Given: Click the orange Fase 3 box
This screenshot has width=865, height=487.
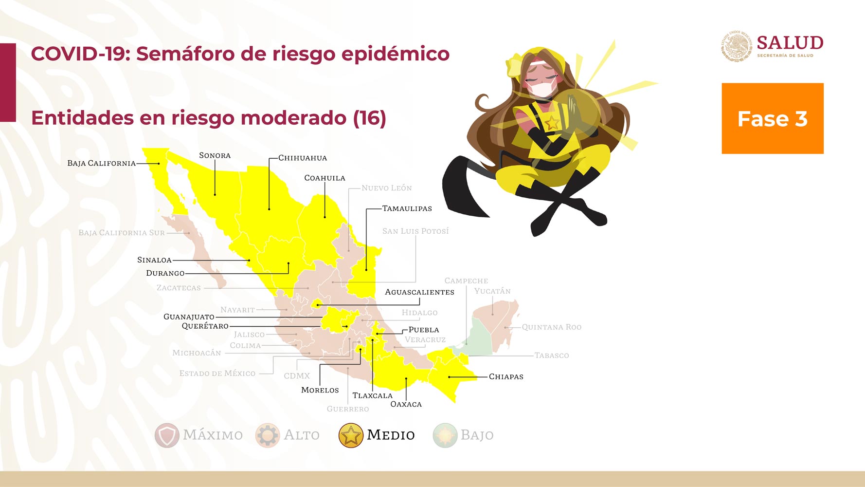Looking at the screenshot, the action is pyautogui.click(x=773, y=118).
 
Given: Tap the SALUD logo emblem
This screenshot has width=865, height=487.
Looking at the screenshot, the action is pyautogui.click(x=737, y=47).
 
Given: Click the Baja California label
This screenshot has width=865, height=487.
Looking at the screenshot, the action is pyautogui.click(x=101, y=163).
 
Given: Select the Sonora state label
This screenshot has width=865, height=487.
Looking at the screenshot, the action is pyautogui.click(x=215, y=155).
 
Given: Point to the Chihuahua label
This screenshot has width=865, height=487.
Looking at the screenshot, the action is pyautogui.click(x=303, y=158).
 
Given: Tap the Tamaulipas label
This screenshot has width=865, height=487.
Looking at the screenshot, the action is pyautogui.click(x=407, y=208).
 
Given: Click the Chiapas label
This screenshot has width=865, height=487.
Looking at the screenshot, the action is pyautogui.click(x=506, y=376).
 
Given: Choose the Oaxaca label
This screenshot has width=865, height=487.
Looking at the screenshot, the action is pyautogui.click(x=406, y=404).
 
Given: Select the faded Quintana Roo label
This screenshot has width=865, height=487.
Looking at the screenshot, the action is pyautogui.click(x=552, y=327).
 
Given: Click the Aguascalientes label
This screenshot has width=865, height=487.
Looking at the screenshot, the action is pyautogui.click(x=419, y=292).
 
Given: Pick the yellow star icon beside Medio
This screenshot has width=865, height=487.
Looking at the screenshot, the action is pyautogui.click(x=351, y=435).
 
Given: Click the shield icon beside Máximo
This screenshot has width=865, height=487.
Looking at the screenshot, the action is pyautogui.click(x=167, y=435).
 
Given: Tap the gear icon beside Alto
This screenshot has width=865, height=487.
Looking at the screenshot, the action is pyautogui.click(x=268, y=435).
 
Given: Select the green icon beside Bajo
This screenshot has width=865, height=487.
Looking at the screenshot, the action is pyautogui.click(x=445, y=435).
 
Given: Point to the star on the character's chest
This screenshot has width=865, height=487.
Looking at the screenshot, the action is pyautogui.click(x=552, y=123).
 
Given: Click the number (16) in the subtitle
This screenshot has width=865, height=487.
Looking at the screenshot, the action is pyautogui.click(x=370, y=118).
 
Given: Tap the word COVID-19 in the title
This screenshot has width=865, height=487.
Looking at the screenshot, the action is pyautogui.click(x=80, y=54).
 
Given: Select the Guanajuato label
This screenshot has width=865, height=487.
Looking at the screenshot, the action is pyautogui.click(x=189, y=317).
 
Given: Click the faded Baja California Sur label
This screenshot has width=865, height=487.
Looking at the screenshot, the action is pyautogui.click(x=122, y=233).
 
